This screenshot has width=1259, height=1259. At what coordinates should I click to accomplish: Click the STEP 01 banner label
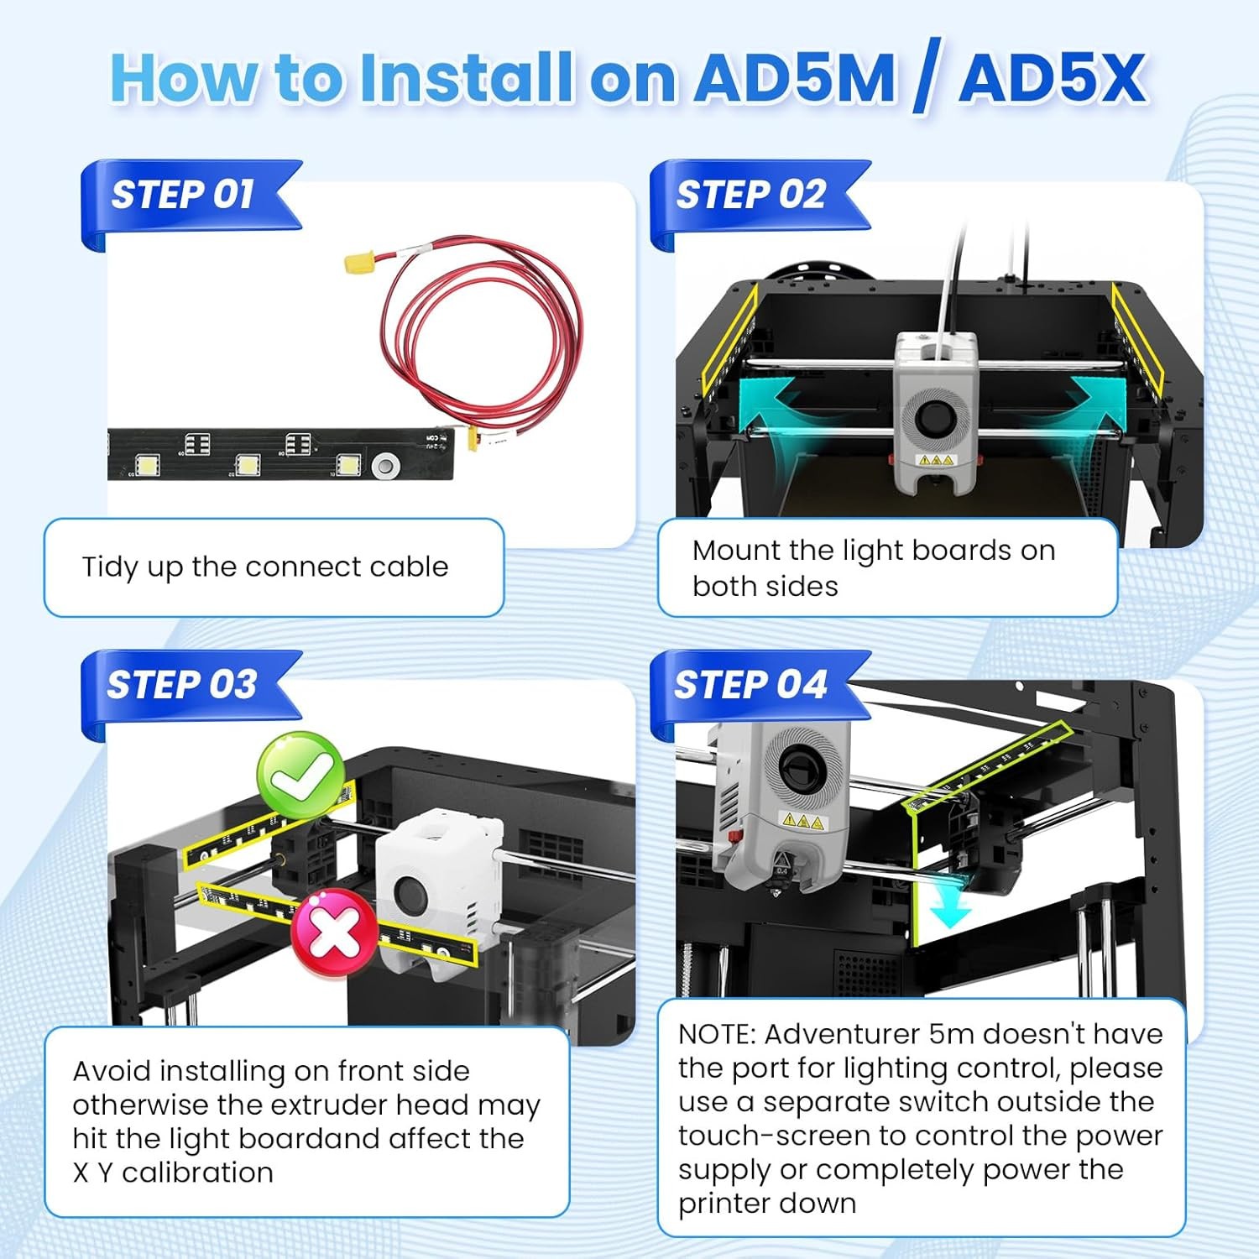pos(183,195)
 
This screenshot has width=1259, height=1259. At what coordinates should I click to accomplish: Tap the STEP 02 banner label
pos(751,195)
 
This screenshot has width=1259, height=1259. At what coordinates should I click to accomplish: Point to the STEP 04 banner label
pos(750,685)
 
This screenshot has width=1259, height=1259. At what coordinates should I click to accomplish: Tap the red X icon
pos(334,932)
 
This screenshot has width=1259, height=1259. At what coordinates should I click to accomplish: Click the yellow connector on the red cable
pos(358,262)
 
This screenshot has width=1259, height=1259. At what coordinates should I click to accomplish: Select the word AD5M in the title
pos(796,79)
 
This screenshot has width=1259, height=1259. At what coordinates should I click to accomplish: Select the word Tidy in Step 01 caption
pos(110,567)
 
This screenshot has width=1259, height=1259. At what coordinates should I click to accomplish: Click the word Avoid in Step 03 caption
pos(112,1072)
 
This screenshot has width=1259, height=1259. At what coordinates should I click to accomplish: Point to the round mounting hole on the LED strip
pos(386,464)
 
